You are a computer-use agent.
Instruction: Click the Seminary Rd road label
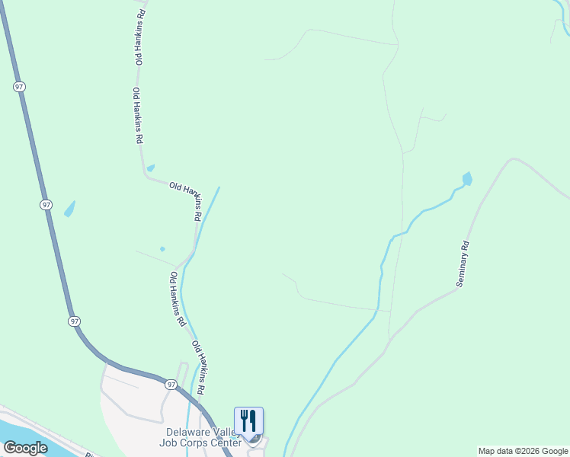click(x=463, y=264)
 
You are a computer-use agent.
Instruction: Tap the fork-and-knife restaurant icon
click(x=248, y=420)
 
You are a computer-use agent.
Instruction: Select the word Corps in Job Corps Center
click(x=199, y=443)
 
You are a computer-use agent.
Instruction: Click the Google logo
click(x=25, y=448)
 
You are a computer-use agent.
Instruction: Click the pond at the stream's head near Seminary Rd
click(x=466, y=180)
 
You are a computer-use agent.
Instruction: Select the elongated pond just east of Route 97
click(x=69, y=208)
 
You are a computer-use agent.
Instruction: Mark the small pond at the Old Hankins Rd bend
click(x=151, y=168)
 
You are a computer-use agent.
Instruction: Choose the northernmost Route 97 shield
click(x=19, y=87)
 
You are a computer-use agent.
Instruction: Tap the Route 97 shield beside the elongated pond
click(x=46, y=205)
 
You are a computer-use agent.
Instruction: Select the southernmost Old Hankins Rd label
click(x=200, y=367)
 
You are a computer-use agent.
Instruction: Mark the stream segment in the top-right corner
click(x=565, y=19)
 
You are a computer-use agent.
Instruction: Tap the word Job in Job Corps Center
click(x=172, y=443)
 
